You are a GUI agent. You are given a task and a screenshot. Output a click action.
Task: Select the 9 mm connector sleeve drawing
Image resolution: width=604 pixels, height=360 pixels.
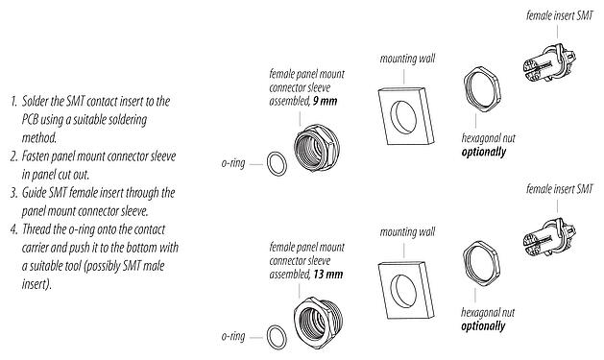[316, 151]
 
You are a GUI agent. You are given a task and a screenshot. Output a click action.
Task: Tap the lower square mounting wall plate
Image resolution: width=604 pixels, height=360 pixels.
[404, 281]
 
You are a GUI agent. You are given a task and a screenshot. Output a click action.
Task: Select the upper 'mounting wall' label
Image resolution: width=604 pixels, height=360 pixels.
[404, 58]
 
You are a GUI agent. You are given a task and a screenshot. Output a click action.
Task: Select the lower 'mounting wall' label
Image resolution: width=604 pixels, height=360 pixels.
[404, 231]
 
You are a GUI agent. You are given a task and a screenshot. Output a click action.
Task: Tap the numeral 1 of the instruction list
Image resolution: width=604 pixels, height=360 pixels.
[14, 101]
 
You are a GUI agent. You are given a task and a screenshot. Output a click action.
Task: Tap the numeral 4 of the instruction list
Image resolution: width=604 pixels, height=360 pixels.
[14, 229]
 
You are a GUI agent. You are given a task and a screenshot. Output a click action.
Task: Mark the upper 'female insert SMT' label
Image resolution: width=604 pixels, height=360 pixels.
[559, 16]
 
